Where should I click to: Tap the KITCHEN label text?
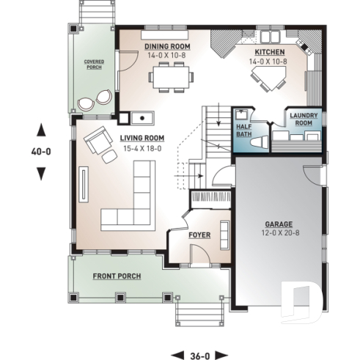pos(269,54)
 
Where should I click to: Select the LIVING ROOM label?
pos(139,138)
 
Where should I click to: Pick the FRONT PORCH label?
pos(117,276)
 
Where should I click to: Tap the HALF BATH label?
pos(243,128)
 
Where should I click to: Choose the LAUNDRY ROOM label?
pos(303,119)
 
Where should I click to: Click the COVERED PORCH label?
pos(94,66)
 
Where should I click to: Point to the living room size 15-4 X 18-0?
pos(139,147)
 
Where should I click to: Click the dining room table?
pos(170,75)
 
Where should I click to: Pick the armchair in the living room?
pos(96,142)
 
